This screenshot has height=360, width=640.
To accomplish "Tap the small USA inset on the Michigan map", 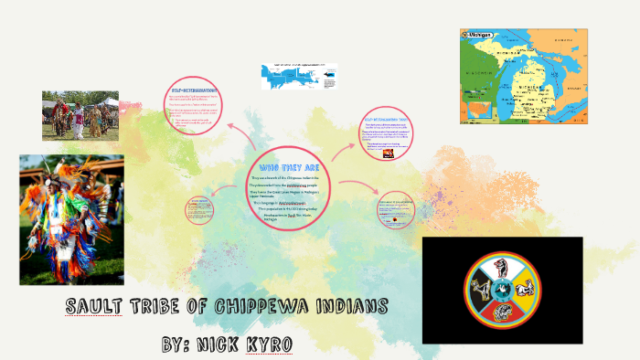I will (476, 111).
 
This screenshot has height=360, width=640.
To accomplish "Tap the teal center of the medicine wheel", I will (502, 291).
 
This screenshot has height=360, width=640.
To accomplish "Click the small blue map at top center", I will (298, 76).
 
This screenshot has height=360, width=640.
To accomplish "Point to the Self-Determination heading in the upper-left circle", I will (195, 90).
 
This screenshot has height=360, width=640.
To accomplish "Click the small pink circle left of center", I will (197, 209).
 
